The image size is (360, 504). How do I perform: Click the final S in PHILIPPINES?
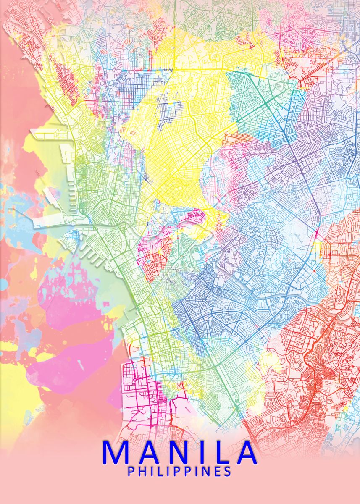click(x=227, y=472)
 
